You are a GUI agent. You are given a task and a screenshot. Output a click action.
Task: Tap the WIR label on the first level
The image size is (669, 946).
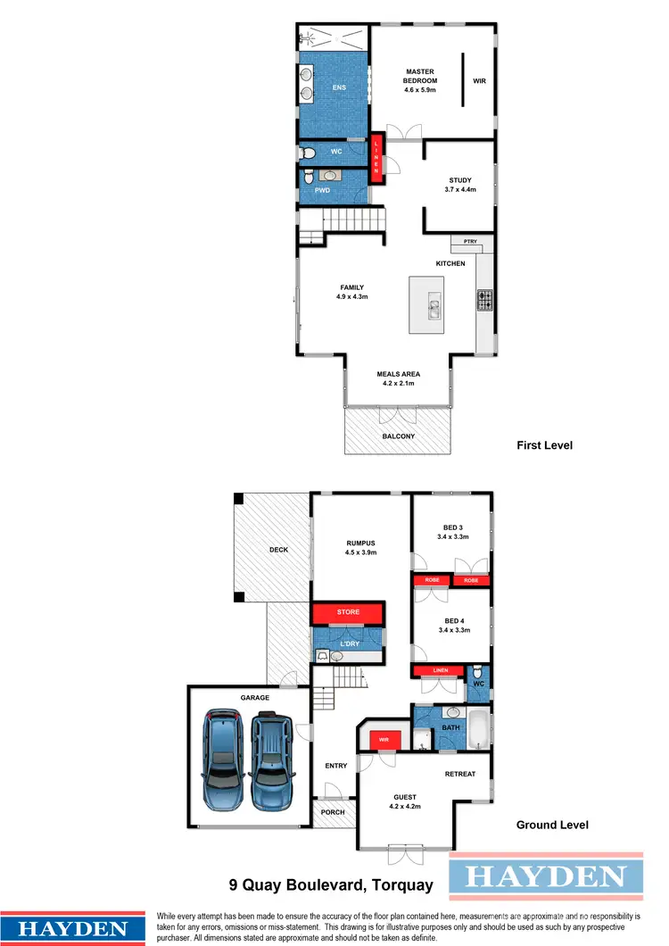(480, 81)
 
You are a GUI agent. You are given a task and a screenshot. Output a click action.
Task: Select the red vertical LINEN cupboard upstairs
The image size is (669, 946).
(376, 157)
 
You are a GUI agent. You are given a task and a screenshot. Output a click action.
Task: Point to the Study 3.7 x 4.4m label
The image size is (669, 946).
(460, 185)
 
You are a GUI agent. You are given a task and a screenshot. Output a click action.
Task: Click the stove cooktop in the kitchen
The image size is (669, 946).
(485, 300)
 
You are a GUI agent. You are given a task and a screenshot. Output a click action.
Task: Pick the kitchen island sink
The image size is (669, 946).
(434, 308)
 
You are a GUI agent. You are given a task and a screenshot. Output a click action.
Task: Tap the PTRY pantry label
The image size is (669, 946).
(469, 242)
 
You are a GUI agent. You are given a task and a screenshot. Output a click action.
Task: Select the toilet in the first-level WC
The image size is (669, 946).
(308, 154)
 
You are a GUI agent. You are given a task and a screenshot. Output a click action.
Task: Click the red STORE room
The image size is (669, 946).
(348, 612)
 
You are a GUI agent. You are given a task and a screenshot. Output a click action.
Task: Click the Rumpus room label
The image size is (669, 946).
(361, 546)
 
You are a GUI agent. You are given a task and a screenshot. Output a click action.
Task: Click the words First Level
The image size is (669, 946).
(544, 444)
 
